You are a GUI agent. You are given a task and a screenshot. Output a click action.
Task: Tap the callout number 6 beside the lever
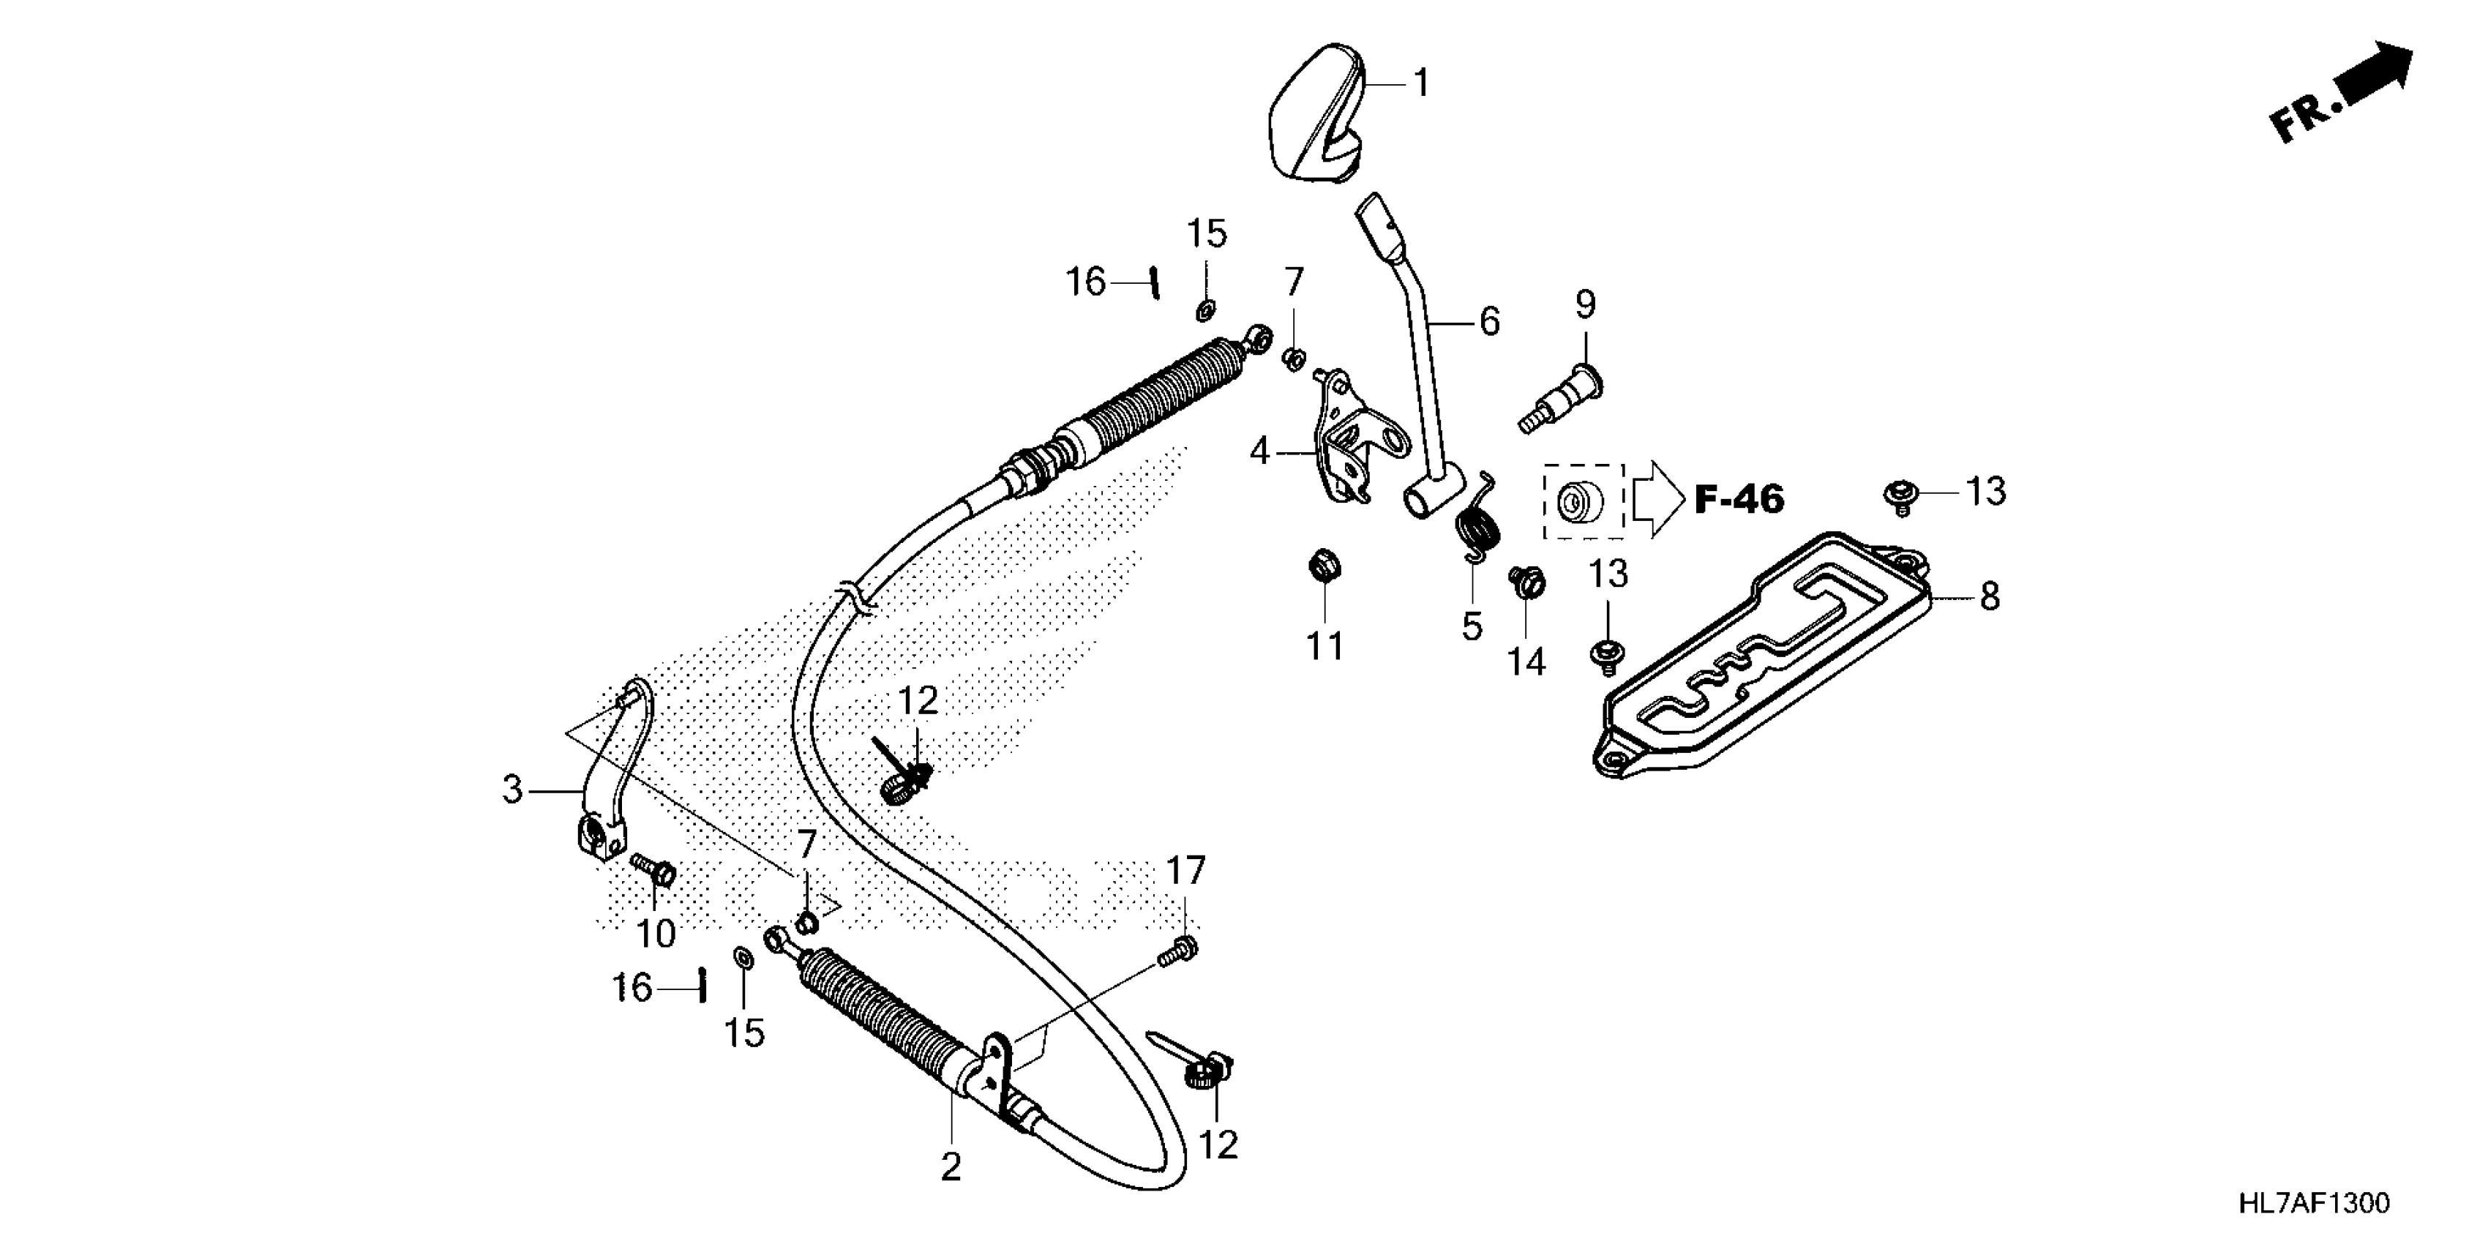click(x=1489, y=322)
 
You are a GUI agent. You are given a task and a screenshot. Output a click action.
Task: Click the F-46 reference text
click(x=1739, y=499)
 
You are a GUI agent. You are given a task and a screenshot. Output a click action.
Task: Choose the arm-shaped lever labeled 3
click(x=607, y=773)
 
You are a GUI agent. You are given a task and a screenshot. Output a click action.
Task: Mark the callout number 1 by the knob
click(x=1421, y=84)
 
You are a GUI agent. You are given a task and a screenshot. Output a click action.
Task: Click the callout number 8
click(x=1990, y=597)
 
